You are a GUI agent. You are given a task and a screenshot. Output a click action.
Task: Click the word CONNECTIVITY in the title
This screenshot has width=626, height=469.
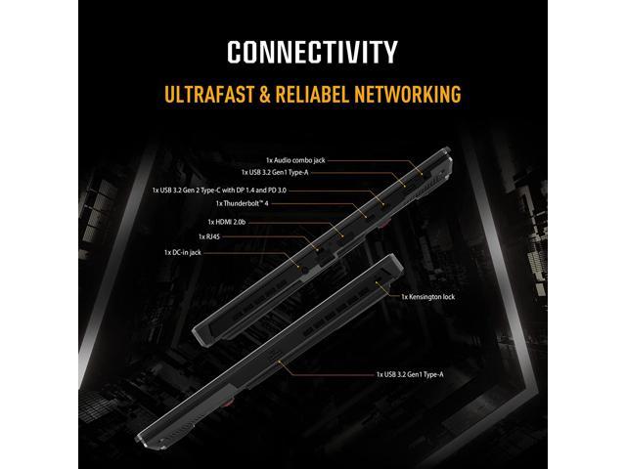(312, 52)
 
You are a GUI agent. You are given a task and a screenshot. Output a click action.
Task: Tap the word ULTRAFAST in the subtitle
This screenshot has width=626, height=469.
(209, 94)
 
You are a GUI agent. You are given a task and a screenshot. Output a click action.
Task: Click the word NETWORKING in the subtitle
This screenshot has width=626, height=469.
(408, 94)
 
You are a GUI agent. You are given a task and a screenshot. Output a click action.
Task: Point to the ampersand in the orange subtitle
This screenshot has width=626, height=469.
(264, 94)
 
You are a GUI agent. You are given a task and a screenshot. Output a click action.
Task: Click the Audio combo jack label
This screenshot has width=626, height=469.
(295, 160)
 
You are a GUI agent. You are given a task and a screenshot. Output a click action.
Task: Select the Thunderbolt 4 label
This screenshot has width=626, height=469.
(242, 203)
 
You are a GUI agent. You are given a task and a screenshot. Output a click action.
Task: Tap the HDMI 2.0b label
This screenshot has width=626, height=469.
(226, 222)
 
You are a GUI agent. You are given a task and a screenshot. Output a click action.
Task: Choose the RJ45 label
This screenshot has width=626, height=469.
(208, 236)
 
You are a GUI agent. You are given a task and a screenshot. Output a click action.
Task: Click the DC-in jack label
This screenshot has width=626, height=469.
(183, 252)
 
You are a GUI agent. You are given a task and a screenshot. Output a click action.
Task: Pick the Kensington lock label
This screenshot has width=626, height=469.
(428, 297)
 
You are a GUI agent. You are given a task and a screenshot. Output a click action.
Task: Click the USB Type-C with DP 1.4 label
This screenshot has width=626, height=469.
(219, 191)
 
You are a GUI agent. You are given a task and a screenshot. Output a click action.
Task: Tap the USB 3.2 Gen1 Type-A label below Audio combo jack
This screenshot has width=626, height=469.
(275, 172)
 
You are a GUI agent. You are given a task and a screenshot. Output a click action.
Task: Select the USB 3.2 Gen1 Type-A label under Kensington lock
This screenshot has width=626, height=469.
(410, 374)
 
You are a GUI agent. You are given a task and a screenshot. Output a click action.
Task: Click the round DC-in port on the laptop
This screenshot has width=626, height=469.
(306, 270)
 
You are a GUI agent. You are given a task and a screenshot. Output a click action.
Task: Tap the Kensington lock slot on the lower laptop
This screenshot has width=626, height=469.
(379, 284)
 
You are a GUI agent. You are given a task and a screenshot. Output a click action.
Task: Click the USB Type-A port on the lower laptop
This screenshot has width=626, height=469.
(275, 354)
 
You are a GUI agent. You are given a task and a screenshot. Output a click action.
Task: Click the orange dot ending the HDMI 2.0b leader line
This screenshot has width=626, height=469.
(342, 236)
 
